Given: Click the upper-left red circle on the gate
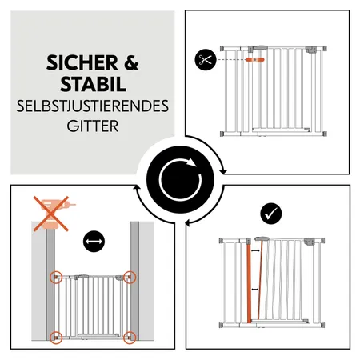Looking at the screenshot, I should pos(56,278).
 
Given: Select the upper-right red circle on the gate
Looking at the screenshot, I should pos(130,278).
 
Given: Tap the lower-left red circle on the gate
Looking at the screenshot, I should pos(56,335).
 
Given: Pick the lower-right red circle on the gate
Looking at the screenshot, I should pos(130,335).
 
